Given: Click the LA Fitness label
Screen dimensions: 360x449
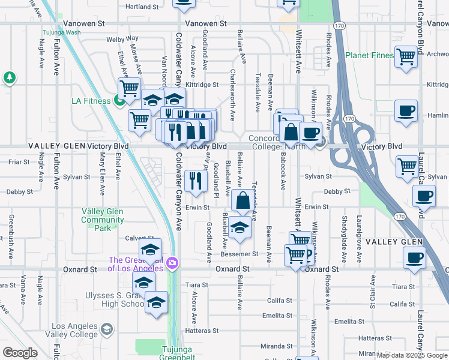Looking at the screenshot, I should click(91, 101).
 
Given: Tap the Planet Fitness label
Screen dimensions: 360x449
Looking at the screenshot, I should click(369, 56).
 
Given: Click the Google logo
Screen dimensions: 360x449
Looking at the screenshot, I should click(20, 353).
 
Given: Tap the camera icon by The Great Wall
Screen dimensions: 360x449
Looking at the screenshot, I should click(172, 263).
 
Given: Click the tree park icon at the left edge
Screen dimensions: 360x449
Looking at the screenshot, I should click(10, 77).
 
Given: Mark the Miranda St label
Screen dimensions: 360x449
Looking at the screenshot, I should click(276, 346).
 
